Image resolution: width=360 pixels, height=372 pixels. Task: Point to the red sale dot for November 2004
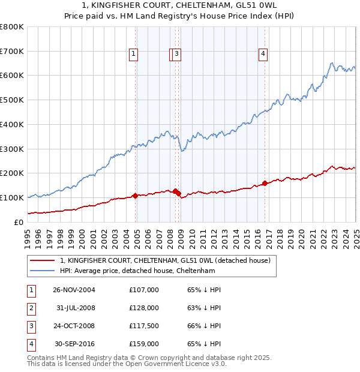coord(136,196)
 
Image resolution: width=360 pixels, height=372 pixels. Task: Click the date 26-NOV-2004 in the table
coord(74,289)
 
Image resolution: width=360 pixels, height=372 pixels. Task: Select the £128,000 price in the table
coord(144,308)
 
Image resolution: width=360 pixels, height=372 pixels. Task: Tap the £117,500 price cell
coord(144,326)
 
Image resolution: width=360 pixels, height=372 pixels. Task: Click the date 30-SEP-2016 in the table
coord(74,344)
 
